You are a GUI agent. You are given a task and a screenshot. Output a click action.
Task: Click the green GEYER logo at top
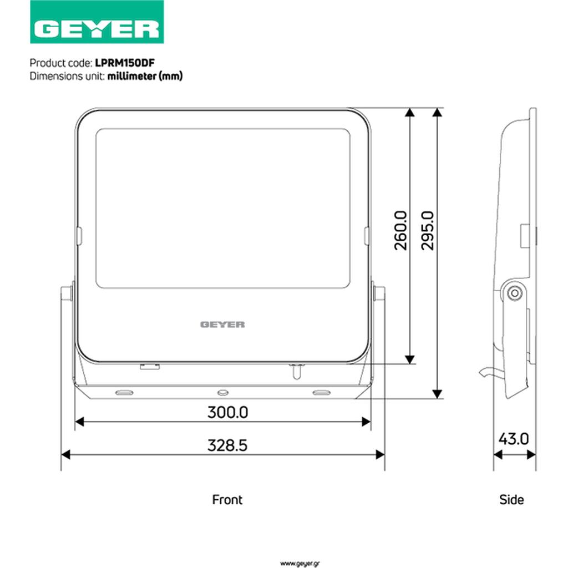(97, 22)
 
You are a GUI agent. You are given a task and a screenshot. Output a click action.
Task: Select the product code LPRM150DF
(125, 63)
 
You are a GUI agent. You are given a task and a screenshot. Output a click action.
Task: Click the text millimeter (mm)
(145, 76)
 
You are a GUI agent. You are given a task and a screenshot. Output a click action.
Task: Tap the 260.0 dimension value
(400, 231)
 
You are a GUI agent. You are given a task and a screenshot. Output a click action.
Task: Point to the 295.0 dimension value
(428, 231)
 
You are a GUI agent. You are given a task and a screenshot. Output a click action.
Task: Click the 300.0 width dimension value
(227, 412)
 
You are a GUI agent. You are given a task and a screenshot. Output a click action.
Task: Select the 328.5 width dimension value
(227, 445)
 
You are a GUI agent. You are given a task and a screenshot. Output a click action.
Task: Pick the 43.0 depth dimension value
(514, 439)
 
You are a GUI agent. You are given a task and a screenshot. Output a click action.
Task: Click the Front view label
(227, 500)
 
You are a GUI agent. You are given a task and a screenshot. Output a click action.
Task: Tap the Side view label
(511, 500)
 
